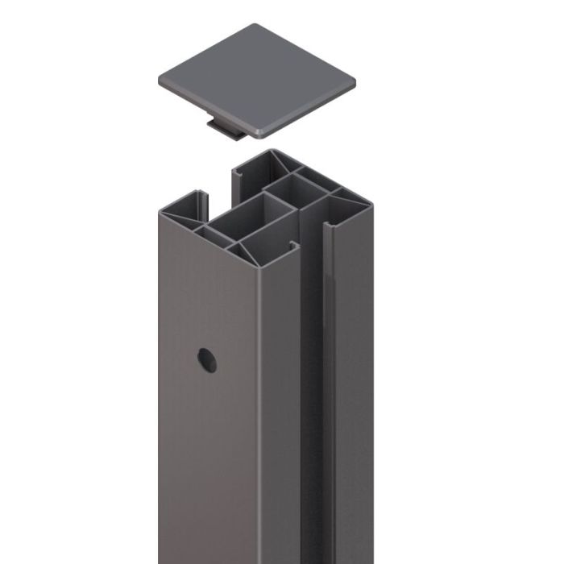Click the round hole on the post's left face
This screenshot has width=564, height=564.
pyautogui.click(x=207, y=360)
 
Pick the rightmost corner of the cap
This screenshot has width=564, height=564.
pyautogui.click(x=354, y=80)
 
